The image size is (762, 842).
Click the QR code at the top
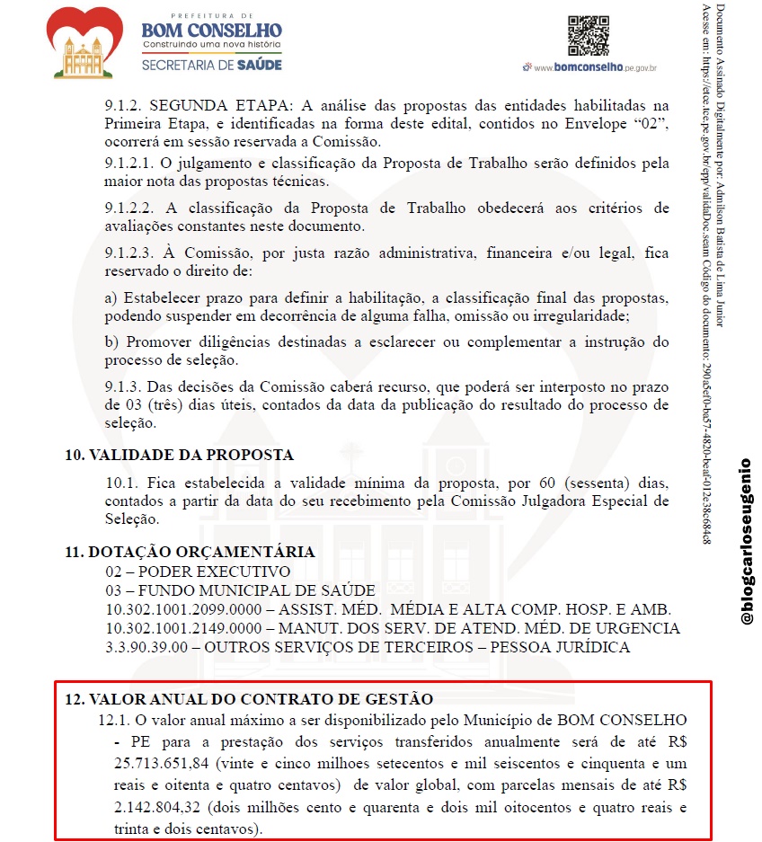[x=589, y=36]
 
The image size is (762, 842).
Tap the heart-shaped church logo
[x=88, y=41]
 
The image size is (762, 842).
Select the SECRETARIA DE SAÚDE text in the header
[x=211, y=65]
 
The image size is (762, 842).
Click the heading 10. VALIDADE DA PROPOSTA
[x=179, y=455]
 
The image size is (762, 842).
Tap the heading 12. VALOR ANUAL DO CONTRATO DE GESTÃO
[x=248, y=698]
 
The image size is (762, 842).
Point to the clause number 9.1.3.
[x=122, y=386]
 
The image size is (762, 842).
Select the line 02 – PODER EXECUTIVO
[x=197, y=572]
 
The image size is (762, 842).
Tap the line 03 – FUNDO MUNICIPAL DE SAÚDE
[x=227, y=590]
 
